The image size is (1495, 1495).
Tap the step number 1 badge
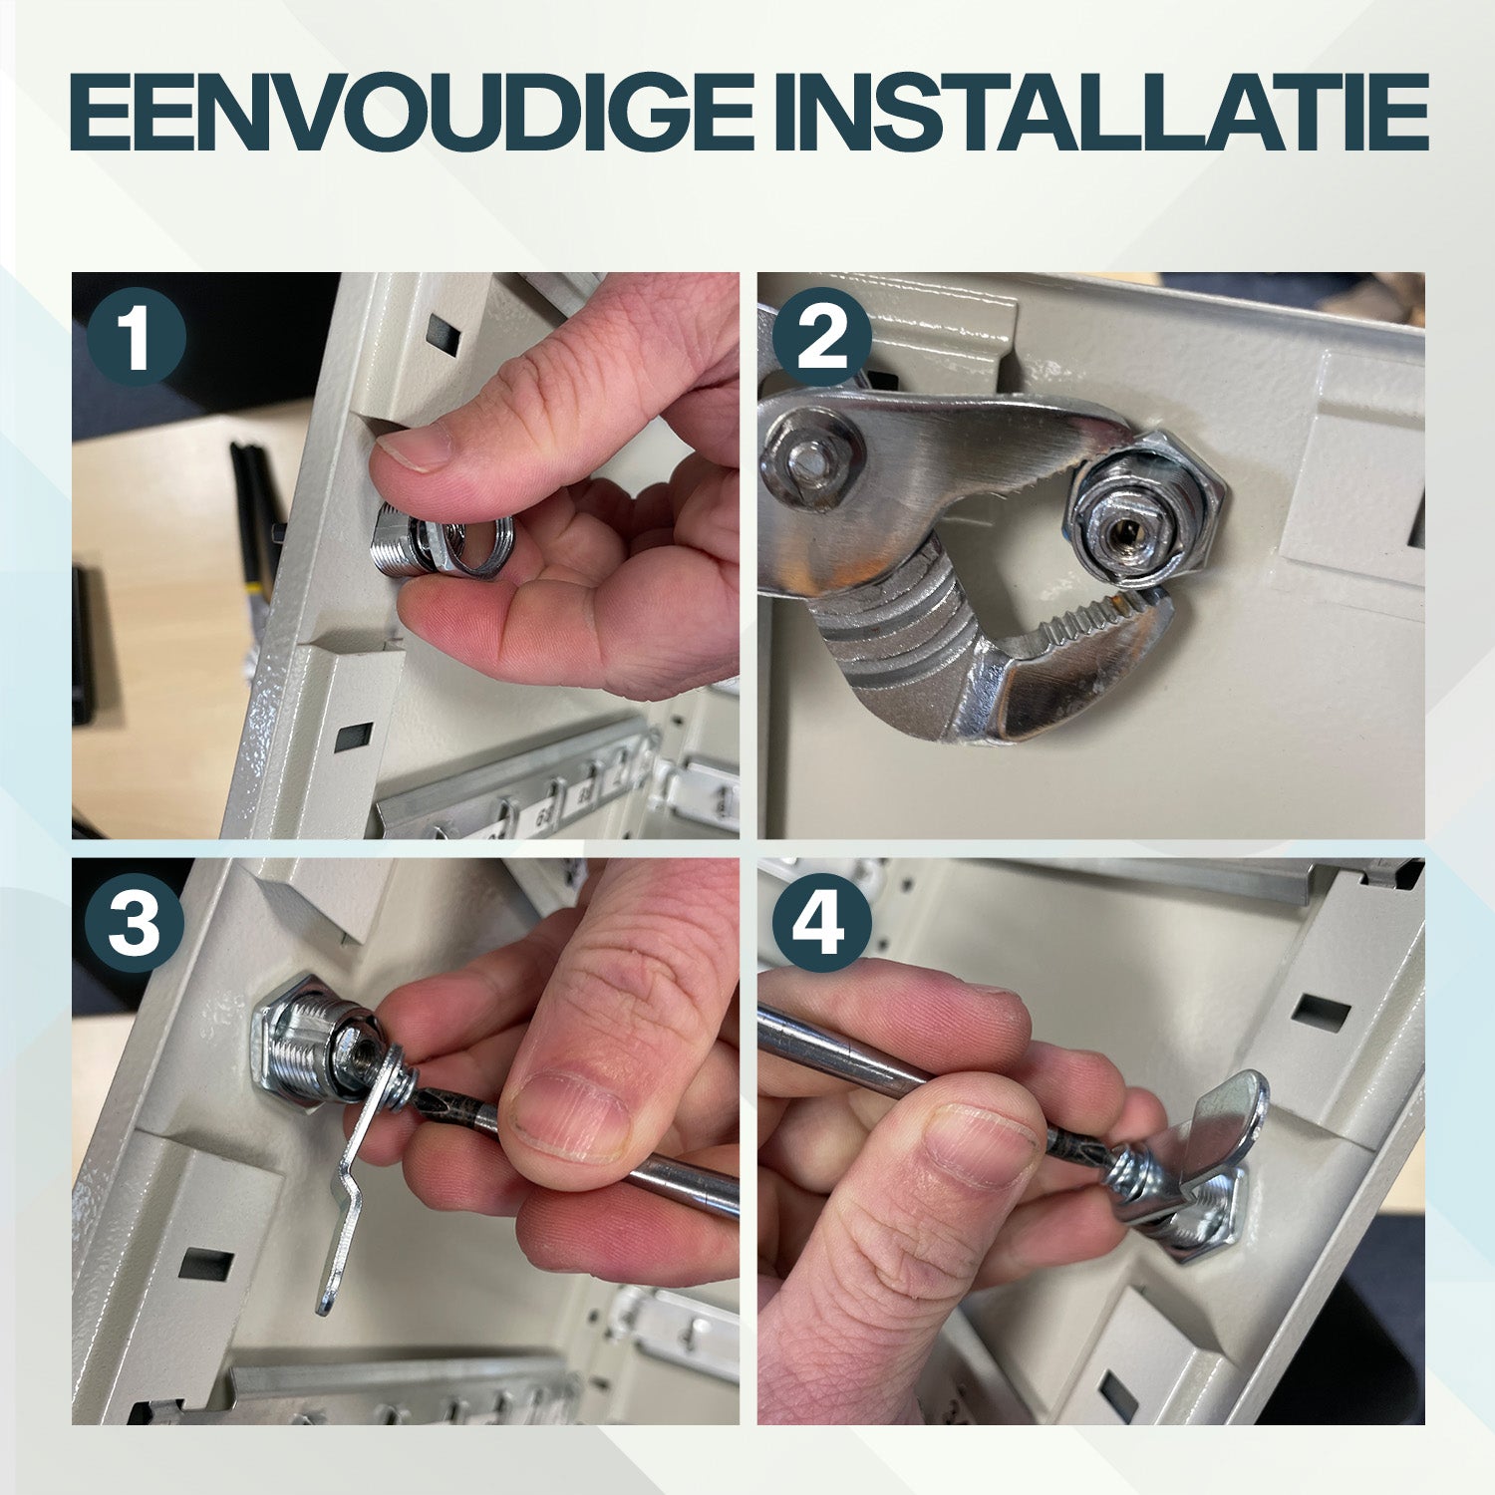click(137, 338)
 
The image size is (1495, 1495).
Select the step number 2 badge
click(821, 338)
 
